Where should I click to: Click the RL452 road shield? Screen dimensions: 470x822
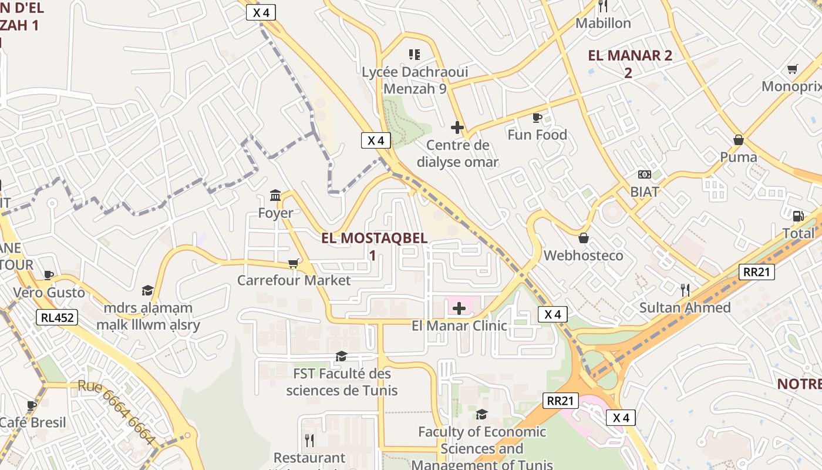(57, 318)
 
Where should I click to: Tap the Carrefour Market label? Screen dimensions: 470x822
(294, 280)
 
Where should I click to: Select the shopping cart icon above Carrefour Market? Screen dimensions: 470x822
(294, 264)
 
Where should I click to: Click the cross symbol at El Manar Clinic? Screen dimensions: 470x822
(459, 308)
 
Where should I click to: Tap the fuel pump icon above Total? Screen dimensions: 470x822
(798, 216)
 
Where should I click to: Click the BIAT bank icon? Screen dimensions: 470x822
(645, 174)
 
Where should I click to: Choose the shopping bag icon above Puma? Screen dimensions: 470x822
(739, 140)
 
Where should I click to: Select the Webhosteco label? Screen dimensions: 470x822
(583, 256)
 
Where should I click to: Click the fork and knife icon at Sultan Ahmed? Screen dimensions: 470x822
(685, 290)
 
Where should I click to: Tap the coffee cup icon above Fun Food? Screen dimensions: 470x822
(537, 117)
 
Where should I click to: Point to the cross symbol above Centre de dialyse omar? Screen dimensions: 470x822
(457, 127)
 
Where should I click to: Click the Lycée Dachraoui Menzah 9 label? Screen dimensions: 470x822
(415, 80)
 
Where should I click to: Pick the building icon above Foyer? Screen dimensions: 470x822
(275, 195)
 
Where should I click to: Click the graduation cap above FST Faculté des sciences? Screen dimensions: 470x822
(341, 356)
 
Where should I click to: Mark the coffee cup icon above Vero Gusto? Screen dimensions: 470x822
(49, 275)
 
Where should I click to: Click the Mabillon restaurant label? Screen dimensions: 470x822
(603, 23)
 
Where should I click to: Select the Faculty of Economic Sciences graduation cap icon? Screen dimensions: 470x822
(481, 414)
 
